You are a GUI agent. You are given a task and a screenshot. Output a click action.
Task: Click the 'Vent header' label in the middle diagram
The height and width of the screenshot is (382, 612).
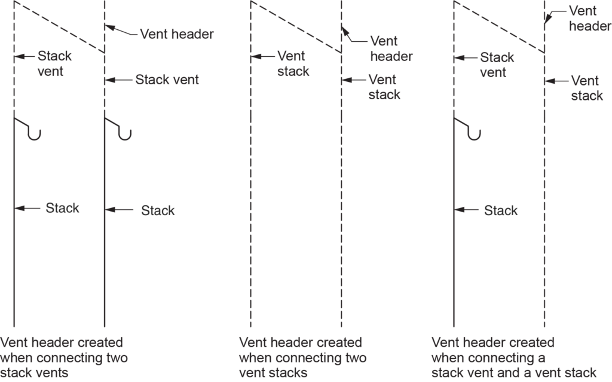[391, 48]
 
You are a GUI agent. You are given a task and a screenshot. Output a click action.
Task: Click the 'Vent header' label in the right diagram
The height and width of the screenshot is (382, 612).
[589, 18]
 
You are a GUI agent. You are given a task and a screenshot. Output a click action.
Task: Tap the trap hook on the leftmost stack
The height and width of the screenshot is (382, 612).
[35, 132]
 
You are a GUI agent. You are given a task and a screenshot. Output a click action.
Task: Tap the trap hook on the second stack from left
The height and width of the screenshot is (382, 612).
[125, 132]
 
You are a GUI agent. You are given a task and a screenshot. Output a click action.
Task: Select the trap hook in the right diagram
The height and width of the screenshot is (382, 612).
[475, 132]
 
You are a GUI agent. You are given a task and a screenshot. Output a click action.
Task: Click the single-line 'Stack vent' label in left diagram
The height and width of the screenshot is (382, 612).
[167, 79]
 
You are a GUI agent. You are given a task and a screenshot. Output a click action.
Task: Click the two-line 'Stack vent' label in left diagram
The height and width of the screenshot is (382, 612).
[55, 63]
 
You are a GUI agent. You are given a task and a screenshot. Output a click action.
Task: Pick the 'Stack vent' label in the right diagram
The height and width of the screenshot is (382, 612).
[497, 65]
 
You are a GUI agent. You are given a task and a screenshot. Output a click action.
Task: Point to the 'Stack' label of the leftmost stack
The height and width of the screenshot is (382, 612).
[62, 208]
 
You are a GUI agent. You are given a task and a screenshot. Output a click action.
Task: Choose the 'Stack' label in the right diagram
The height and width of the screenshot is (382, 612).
[501, 210]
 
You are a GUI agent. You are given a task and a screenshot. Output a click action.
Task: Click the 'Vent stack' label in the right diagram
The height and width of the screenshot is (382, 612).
[587, 87]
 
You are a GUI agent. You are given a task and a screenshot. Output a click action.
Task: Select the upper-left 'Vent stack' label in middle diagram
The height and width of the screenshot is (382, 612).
[293, 63]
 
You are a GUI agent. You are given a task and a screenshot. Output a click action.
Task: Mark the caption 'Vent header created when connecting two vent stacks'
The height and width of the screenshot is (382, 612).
[302, 357]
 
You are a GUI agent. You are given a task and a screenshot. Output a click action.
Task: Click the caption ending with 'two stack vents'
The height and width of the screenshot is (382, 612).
[63, 357]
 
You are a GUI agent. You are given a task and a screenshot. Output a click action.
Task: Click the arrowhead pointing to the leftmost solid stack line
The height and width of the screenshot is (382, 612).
[19, 208]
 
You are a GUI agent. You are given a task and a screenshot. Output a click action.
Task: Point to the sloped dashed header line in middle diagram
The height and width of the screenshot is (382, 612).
[296, 27]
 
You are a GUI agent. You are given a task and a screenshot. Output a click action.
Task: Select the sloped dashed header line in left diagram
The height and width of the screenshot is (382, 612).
[59, 27]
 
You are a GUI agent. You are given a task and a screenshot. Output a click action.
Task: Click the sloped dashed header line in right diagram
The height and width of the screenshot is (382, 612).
[499, 27]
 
